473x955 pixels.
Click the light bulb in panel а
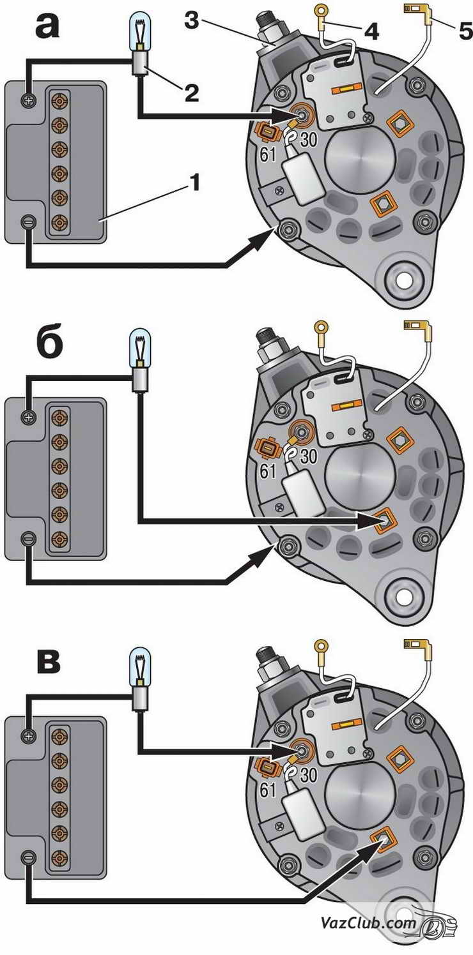tap(139, 33)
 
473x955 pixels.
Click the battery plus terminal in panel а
tap(28, 100)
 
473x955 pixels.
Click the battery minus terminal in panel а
tap(28, 222)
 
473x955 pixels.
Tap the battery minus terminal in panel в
tap(28, 857)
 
